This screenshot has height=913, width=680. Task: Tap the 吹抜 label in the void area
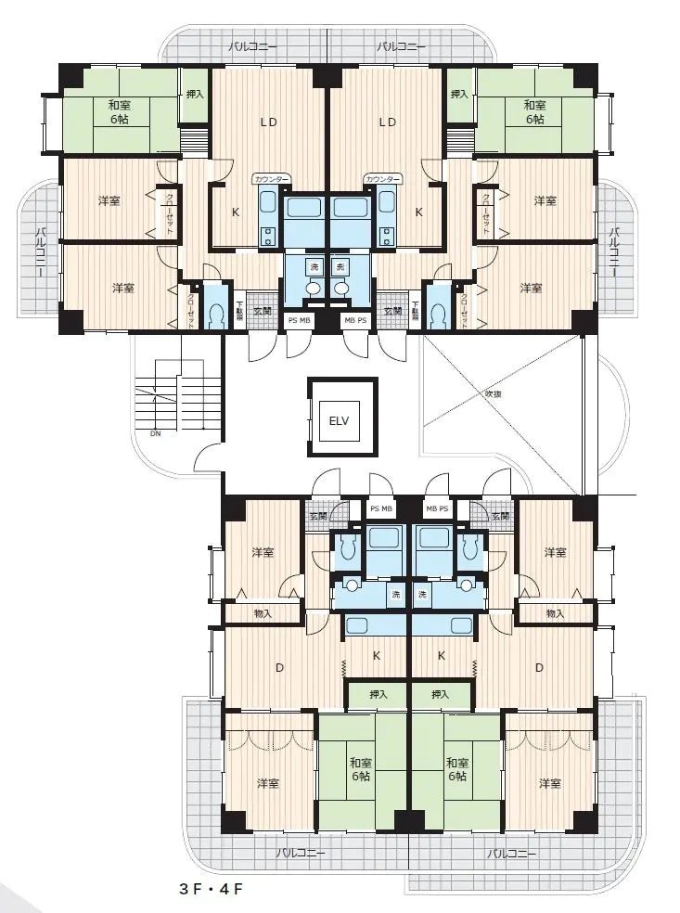pyautogui.click(x=494, y=392)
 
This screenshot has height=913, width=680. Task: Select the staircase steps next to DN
pyautogui.click(x=158, y=399)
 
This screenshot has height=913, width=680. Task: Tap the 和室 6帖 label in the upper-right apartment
pyautogui.click(x=534, y=112)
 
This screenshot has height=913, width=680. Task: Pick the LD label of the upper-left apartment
pyautogui.click(x=269, y=122)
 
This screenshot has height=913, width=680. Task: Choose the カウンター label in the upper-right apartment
pyautogui.click(x=383, y=178)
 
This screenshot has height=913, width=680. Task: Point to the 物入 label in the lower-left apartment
pyautogui.click(x=263, y=613)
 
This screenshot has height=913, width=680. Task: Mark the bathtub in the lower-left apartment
pyautogui.click(x=381, y=538)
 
